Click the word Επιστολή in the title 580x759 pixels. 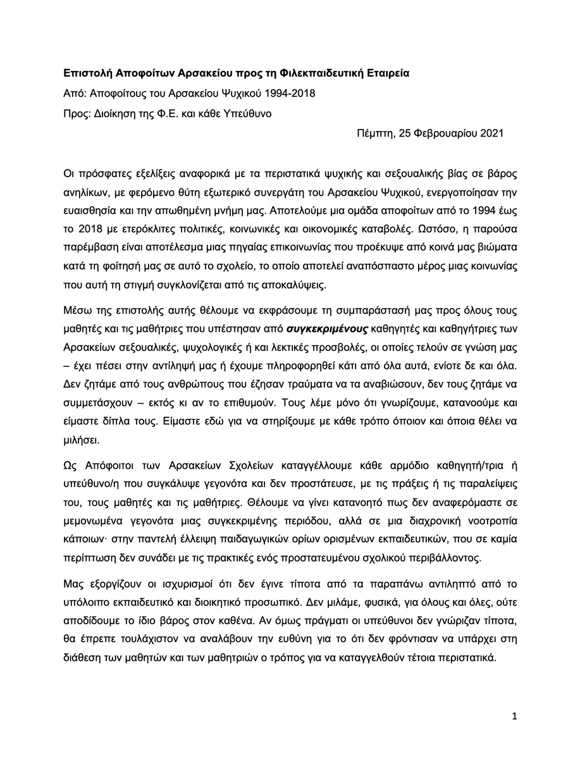click(87, 73)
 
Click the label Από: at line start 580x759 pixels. click(75, 94)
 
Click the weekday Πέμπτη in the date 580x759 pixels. click(373, 134)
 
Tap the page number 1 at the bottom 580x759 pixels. click(515, 716)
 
